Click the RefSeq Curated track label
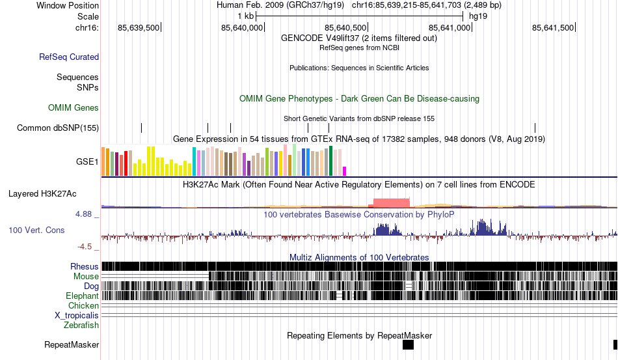[x=69, y=57]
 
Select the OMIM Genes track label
[x=74, y=107]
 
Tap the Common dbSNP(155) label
[x=58, y=128]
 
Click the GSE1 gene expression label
[x=88, y=162]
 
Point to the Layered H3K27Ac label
[x=42, y=193]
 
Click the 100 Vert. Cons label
[x=36, y=230]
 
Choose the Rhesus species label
[x=85, y=266]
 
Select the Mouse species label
[x=86, y=276]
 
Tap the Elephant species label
[x=82, y=296]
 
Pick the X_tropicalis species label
[x=77, y=315]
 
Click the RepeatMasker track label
[x=72, y=344]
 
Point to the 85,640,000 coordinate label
[x=242, y=27]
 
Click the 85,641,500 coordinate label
[x=553, y=27]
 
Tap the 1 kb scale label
[x=245, y=16]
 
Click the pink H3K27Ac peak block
[x=390, y=202]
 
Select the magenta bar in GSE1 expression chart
[x=345, y=171]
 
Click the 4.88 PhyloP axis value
[x=85, y=214]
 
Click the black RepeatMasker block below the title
[x=408, y=345]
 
